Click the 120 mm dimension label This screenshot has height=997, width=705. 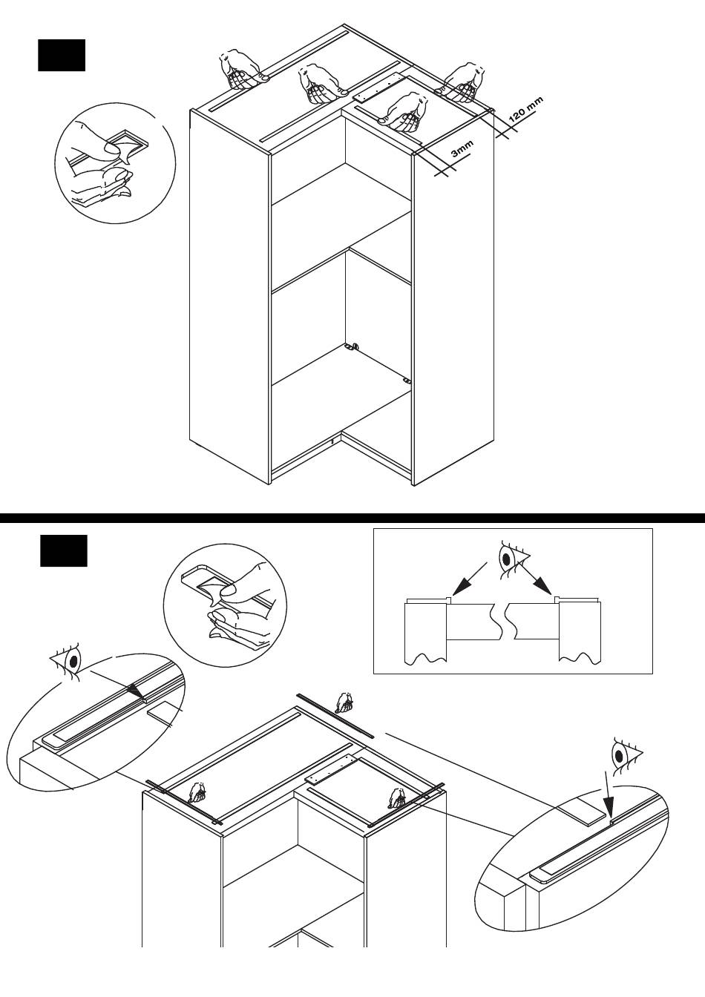526,110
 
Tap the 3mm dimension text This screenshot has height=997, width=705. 462,151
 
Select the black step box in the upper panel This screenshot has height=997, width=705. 62,56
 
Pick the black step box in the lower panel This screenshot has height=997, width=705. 63,550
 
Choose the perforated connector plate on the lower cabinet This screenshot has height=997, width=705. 331,770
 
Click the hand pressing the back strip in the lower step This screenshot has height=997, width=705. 344,701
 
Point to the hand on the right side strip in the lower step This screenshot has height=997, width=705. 396,798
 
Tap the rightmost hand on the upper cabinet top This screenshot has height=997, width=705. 465,82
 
